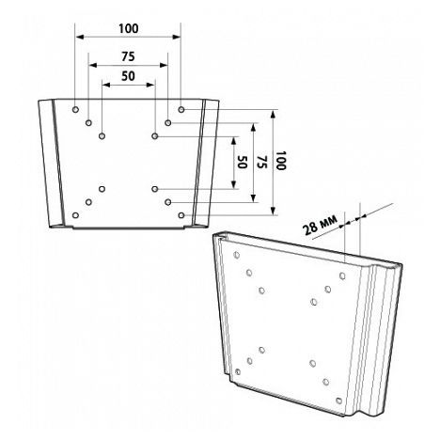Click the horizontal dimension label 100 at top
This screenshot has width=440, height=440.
(x=129, y=29)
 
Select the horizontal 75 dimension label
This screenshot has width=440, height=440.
(x=128, y=56)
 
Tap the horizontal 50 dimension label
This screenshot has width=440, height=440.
(x=128, y=76)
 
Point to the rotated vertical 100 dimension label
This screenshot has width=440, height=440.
(x=281, y=161)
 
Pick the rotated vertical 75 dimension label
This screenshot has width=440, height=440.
(x=261, y=162)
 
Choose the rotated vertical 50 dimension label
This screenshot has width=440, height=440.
(x=242, y=162)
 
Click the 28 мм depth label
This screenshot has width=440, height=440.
(x=321, y=225)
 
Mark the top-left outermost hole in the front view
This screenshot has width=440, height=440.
(x=75, y=109)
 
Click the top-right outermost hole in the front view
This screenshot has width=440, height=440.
(x=181, y=109)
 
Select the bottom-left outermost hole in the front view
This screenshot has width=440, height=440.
(x=75, y=215)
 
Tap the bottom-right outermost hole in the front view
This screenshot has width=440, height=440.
(x=181, y=215)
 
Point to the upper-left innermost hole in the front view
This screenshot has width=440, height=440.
(x=102, y=136)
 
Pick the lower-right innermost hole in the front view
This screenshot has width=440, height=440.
(x=154, y=189)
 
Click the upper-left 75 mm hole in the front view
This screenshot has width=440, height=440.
(x=88, y=122)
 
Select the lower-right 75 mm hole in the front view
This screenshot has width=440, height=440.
(x=168, y=202)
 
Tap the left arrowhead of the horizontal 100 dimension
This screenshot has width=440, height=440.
(x=80, y=37)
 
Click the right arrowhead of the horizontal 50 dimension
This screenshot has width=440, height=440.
(x=150, y=85)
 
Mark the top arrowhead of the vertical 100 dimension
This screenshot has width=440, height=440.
(x=274, y=114)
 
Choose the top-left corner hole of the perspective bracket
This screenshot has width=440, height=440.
(x=237, y=255)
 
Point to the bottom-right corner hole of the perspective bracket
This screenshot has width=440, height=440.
(x=338, y=401)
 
